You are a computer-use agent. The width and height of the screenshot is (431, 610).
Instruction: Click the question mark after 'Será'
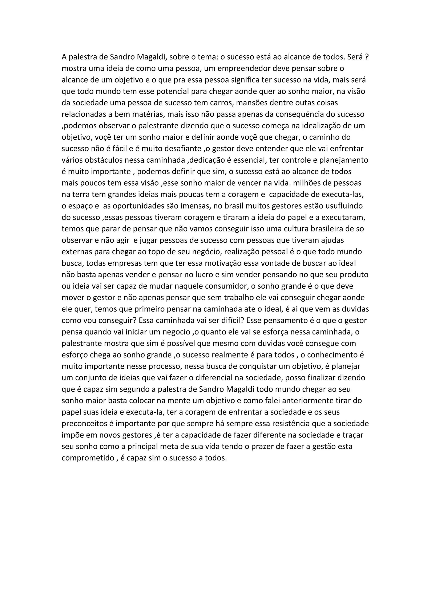pyautogui.click(x=367, y=57)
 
